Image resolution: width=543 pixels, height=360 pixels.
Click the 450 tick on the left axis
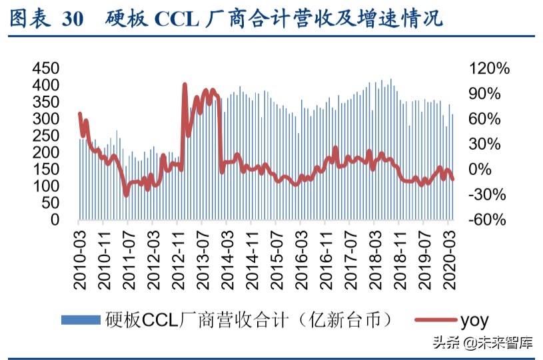45,69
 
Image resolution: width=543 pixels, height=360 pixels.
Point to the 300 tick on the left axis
45,119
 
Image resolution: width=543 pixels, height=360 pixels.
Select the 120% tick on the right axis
490,69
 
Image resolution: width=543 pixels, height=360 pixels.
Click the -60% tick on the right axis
488,220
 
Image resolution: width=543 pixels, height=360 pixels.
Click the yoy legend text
474,320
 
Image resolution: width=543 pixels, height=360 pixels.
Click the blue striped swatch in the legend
81,320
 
